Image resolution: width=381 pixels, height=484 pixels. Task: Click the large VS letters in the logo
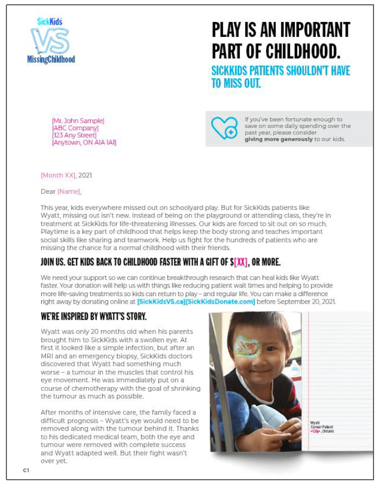coord(50,41)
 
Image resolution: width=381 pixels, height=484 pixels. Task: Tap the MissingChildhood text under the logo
coord(51,59)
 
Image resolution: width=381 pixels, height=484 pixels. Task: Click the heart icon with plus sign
coord(224,128)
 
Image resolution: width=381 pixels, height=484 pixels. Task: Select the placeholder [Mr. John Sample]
coord(78,121)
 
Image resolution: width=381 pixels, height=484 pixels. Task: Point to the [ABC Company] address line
coord(75,128)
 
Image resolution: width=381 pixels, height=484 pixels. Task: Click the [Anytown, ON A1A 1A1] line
coord(84,142)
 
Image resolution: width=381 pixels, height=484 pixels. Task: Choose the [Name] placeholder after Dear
coord(70,191)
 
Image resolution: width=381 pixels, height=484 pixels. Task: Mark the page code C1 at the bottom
coord(26,470)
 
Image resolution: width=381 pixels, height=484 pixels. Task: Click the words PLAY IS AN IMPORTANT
coord(281,29)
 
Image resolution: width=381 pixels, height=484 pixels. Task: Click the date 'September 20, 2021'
coord(305,302)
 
